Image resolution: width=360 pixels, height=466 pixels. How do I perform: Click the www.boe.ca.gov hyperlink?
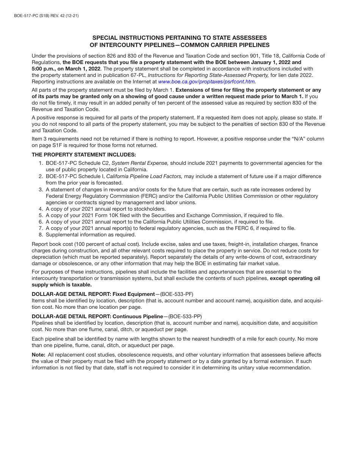(x=207, y=81)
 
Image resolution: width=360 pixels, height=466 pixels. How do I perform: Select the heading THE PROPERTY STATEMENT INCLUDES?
(x=84, y=155)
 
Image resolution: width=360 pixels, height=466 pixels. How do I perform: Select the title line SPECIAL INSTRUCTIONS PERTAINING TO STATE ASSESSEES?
(x=180, y=38)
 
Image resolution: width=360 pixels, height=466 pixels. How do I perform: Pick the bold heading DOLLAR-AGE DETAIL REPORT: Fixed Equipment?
(x=93, y=294)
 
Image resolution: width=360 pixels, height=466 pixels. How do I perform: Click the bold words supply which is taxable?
(x=61, y=285)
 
